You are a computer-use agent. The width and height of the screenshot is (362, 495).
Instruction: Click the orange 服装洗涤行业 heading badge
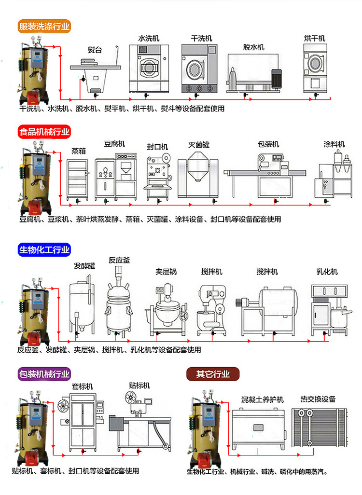44,26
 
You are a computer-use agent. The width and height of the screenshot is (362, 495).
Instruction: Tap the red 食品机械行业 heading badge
44,132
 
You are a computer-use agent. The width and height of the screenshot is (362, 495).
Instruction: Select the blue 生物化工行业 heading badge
44,249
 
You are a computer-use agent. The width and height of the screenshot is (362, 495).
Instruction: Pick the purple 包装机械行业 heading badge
44,373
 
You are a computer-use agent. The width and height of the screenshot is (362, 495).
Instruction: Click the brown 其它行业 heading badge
213,373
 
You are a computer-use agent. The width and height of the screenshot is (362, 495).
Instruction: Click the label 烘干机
315,38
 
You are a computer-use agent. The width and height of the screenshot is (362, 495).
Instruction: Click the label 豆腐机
114,144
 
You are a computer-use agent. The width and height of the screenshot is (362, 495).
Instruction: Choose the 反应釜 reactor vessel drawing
119,299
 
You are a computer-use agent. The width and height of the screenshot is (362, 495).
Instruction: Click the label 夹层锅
166,272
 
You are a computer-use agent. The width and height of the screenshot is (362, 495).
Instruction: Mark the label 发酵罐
84,266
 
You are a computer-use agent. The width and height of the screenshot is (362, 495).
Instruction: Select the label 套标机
83,386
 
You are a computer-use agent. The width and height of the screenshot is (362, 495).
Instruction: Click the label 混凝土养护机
263,399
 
